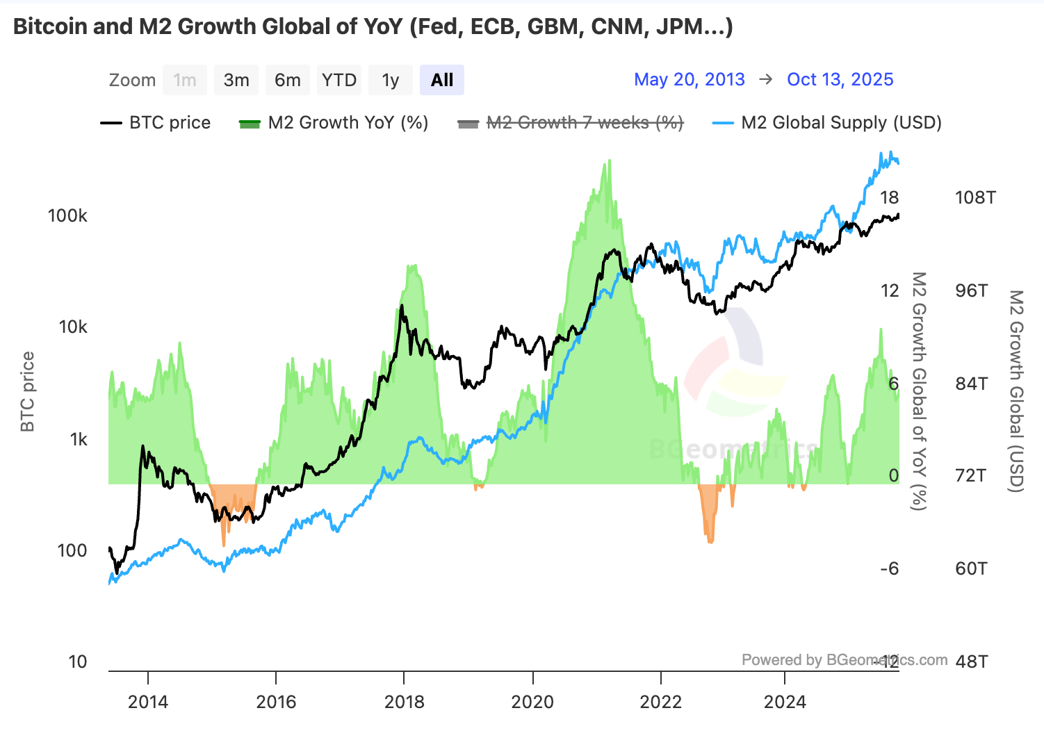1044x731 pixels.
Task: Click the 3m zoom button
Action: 236,80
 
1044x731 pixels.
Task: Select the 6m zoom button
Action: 288,80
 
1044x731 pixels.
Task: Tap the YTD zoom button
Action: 339,80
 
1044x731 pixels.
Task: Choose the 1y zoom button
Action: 391,80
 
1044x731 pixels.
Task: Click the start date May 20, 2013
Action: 689,79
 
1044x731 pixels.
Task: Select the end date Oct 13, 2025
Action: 840,79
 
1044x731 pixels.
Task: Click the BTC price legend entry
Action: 156,123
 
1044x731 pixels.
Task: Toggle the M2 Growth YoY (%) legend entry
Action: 334,123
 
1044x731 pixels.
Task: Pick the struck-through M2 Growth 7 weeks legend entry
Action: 571,123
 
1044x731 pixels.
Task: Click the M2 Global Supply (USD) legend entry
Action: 827,123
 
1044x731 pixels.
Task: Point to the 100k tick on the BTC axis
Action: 67,215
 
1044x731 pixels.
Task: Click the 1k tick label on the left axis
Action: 78,439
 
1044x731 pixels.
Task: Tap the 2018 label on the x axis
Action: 405,702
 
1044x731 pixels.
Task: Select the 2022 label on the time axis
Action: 661,702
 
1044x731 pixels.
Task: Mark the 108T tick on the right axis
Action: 975,197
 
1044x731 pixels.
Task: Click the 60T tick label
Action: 971,568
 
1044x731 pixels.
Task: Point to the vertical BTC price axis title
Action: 28,392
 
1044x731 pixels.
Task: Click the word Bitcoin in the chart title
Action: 51,26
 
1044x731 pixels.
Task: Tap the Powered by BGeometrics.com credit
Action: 844,659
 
